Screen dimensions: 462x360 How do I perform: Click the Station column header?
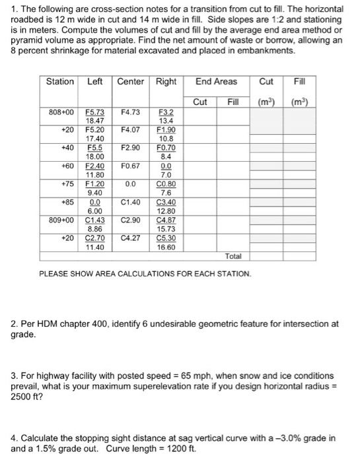coord(59,81)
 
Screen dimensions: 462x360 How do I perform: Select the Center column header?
coord(130,81)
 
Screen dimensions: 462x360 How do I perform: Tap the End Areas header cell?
coord(215,81)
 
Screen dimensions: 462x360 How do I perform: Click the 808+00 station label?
coord(61,113)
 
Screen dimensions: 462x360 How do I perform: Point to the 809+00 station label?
coord(61,217)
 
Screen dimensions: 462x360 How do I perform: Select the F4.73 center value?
coord(129,113)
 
